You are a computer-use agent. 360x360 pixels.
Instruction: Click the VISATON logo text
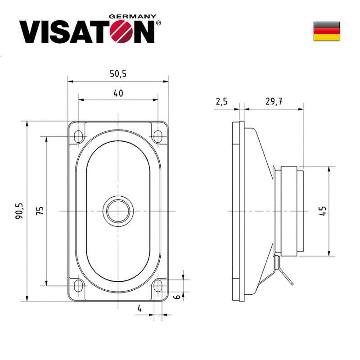coord(85,31)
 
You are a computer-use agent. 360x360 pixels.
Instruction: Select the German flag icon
coord(326,31)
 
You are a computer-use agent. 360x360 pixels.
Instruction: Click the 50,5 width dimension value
coord(118,74)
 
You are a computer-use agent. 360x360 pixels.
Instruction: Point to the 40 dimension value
coord(118,93)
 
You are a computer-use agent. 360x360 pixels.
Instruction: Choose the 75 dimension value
coord(40,211)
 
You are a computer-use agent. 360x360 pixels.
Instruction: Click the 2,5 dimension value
coord(221,102)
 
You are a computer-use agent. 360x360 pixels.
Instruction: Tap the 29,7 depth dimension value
coord(274,102)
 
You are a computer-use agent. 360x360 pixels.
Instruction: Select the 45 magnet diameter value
coord(322,211)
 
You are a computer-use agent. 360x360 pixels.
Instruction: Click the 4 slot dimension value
coord(139,309)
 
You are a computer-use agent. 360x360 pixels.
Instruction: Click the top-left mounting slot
coord(78,135)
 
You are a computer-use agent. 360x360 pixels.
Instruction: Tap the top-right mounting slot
coord(158,135)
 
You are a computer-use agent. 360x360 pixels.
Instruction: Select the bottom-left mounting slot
coord(78,285)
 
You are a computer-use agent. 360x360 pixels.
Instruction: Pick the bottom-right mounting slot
coord(158,285)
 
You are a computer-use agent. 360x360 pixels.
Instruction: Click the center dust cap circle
coord(118,210)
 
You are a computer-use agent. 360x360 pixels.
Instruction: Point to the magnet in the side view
coord(289,211)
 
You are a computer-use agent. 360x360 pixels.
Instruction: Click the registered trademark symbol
coord(158,22)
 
